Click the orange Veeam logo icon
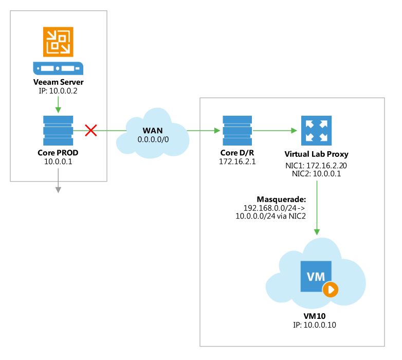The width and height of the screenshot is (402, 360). [x=58, y=41]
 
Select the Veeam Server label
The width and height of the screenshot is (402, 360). [x=58, y=82]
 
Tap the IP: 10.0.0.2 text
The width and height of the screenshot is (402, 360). [x=58, y=91]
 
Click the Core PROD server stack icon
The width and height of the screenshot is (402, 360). [x=58, y=131]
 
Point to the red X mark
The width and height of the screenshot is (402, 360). [x=90, y=131]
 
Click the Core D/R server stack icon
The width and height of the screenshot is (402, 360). [x=237, y=131]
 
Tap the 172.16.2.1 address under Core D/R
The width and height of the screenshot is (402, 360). [x=237, y=161]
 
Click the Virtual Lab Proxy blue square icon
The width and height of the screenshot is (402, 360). [x=315, y=131]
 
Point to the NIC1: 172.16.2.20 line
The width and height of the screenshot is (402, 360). [x=315, y=166]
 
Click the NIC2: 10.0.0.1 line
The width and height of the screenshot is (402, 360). [x=315, y=174]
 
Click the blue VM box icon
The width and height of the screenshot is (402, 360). [x=316, y=277]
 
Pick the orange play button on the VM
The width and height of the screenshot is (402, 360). [x=331, y=290]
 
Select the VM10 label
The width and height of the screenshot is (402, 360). [x=315, y=316]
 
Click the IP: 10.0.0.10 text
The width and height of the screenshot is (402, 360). [x=315, y=325]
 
